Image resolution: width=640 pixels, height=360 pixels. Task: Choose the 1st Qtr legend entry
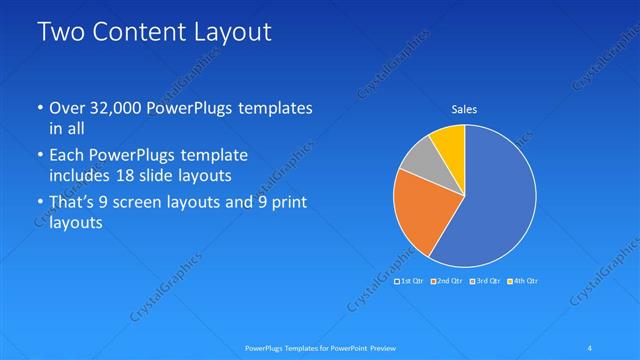pyautogui.click(x=410, y=280)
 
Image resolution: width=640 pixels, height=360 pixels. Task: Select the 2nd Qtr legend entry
pyautogui.click(x=447, y=280)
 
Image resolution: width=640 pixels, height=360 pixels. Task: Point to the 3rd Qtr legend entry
pyautogui.click(x=485, y=280)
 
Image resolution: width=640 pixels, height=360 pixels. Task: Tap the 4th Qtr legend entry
pyautogui.click(x=523, y=280)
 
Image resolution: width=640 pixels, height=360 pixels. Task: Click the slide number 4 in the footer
pyautogui.click(x=591, y=348)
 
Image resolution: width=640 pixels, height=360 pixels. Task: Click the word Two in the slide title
pyautogui.click(x=63, y=32)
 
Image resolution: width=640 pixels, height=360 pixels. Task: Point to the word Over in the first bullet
pyautogui.click(x=67, y=107)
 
